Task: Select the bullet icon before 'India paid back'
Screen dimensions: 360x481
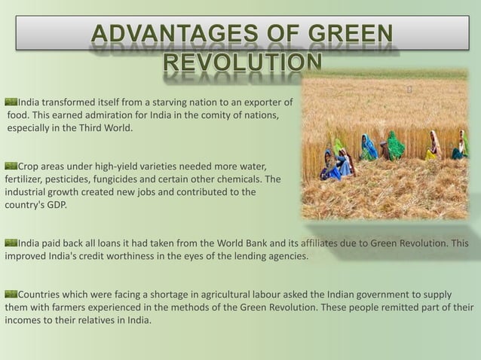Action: (x=11, y=243)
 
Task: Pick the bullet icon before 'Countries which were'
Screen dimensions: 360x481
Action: (x=11, y=294)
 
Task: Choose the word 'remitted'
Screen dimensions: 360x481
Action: (x=409, y=307)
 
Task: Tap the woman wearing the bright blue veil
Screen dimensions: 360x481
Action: (x=369, y=148)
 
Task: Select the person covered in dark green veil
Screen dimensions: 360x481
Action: (x=394, y=145)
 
